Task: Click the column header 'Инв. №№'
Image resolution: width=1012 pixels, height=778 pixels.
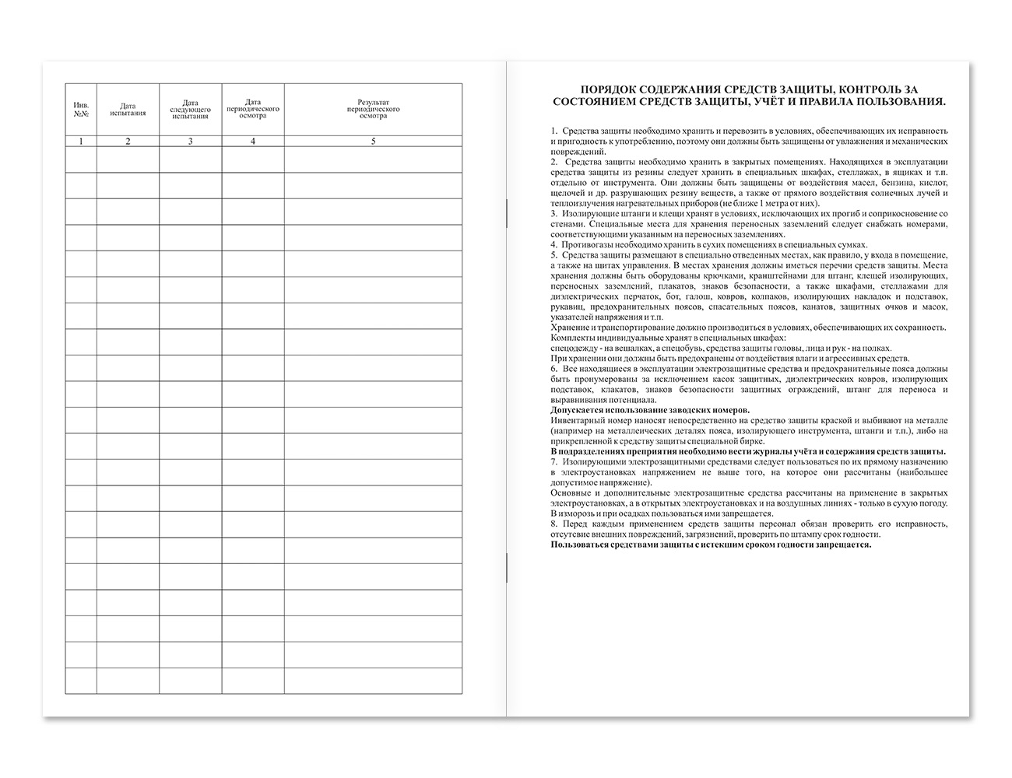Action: (x=81, y=108)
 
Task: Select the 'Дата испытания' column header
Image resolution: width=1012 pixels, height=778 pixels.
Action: (x=128, y=109)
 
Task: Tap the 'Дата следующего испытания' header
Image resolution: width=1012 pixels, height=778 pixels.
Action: (x=190, y=109)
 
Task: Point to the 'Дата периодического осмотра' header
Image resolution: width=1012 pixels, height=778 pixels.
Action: (x=252, y=108)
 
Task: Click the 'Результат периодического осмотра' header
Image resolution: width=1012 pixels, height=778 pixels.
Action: (x=373, y=108)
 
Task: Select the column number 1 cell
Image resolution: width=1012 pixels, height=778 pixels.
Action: (x=81, y=141)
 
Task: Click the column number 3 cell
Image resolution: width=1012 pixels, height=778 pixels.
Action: (x=190, y=141)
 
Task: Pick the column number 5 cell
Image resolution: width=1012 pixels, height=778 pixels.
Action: (x=373, y=141)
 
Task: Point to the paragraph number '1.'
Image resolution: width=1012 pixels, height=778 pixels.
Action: (x=553, y=131)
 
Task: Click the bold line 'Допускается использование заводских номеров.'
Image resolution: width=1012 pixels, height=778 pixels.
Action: (x=650, y=410)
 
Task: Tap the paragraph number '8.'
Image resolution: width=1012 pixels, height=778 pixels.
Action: (x=553, y=524)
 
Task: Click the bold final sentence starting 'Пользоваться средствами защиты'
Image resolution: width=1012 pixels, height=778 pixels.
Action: (x=710, y=545)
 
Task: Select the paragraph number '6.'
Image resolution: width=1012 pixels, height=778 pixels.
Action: (x=553, y=369)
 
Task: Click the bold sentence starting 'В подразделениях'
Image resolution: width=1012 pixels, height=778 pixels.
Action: (x=747, y=451)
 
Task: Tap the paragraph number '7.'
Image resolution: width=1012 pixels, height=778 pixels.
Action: (x=553, y=461)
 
